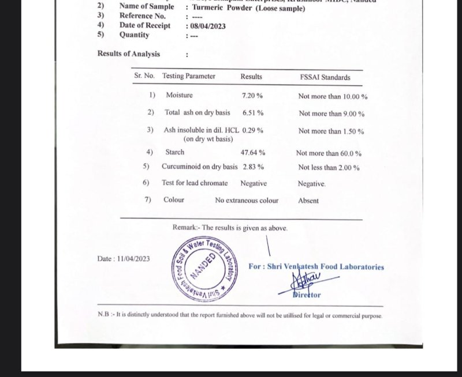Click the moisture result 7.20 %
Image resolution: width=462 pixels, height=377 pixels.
252,95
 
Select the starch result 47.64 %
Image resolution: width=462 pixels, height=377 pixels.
252,153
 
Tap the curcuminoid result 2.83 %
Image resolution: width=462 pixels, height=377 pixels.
253,167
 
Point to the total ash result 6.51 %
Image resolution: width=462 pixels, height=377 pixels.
253,113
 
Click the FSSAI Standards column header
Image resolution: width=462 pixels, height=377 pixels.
325,77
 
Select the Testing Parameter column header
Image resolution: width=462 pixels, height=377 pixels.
189,76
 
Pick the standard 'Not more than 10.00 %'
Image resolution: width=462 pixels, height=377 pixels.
333,96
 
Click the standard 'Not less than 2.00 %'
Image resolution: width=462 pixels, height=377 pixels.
329,168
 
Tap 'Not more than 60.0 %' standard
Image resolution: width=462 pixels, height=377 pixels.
329,153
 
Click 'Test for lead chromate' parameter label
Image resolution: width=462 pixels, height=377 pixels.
195,183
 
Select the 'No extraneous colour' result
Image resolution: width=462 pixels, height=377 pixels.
247,201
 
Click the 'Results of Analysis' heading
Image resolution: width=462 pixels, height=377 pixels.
129,54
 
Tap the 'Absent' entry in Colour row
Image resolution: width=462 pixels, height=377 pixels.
308,201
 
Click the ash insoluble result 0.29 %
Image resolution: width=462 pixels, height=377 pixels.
253,131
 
